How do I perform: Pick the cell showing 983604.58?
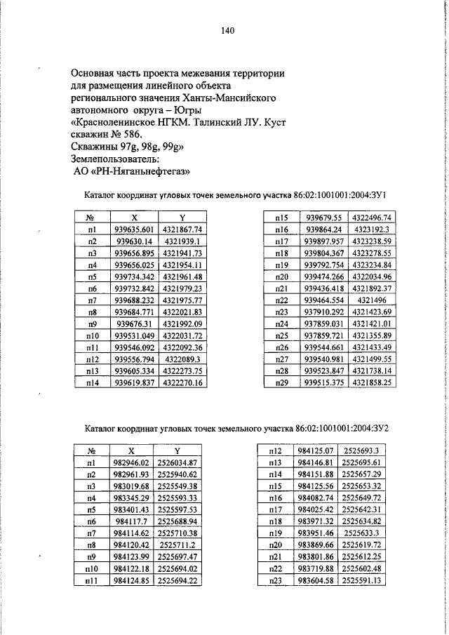coord(315,581)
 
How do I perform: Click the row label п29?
coord(283,382)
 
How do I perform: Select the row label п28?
coord(283,370)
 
